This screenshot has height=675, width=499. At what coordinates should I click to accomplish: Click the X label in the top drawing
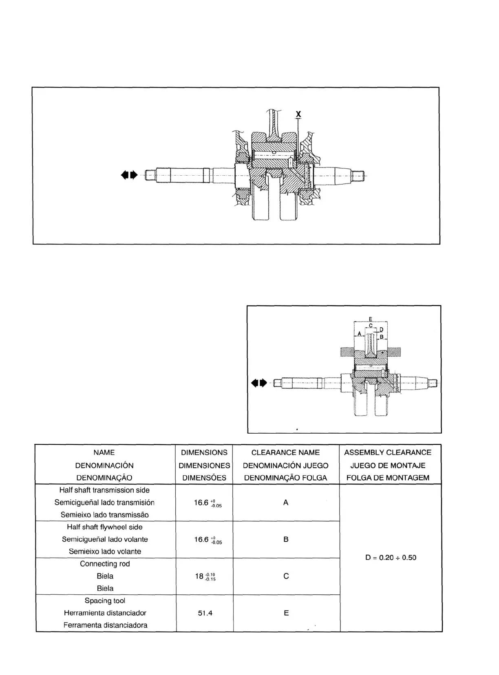298,114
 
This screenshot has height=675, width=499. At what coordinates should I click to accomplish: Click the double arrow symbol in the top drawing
130,175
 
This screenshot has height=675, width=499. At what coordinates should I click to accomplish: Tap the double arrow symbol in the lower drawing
259,383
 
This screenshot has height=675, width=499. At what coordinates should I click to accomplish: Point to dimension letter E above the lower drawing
370,319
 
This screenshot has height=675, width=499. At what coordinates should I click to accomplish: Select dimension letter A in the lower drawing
359,333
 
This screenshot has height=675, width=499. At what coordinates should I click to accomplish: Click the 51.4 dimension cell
205,613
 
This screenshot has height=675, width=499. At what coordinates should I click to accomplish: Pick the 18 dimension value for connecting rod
205,576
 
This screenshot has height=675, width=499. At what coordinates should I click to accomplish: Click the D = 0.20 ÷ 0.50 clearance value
391,558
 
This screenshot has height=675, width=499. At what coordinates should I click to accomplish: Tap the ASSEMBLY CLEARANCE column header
387,452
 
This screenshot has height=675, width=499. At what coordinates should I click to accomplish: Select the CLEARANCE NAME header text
285,452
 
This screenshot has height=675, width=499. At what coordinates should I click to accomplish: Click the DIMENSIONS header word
204,452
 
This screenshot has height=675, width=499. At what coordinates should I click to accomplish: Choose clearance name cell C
286,576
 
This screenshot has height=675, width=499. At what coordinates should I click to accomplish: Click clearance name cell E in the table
286,613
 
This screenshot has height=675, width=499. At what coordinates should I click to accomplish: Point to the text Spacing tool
105,600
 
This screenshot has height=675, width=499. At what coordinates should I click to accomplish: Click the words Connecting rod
105,564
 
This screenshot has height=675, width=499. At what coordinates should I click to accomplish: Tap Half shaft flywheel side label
105,527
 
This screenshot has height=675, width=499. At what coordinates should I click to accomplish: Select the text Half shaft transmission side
104,490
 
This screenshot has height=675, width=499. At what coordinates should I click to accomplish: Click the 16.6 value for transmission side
208,503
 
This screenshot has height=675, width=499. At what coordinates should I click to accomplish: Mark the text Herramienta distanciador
105,613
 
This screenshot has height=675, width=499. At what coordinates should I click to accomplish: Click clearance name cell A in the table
286,503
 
